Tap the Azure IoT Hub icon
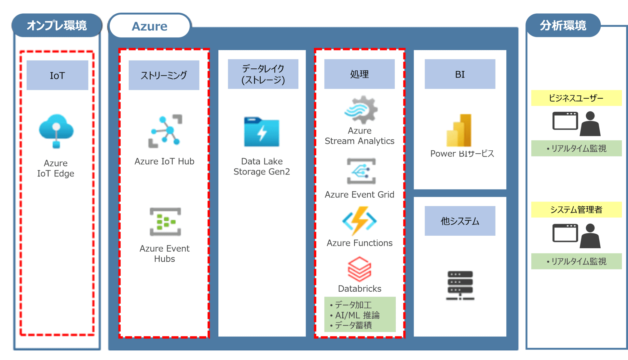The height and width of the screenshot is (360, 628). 165,131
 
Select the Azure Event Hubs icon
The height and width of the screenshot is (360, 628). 165,222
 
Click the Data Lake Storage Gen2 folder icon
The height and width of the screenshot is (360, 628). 262,132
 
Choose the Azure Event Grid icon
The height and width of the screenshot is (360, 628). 361,171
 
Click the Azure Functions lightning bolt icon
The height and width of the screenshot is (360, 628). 360,221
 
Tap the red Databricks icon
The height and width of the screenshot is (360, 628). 360,269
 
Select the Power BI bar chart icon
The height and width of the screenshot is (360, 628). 459,130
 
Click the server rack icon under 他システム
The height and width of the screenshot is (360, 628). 460,285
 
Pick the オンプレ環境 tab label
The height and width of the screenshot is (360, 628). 57,25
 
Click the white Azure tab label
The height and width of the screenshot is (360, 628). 150,26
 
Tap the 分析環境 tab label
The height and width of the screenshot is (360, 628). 563,25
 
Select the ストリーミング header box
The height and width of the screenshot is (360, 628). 164,75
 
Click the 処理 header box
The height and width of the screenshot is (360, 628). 359,74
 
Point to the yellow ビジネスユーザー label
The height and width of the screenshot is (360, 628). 576,98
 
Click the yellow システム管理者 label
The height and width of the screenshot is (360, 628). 576,210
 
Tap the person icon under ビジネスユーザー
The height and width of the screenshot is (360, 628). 590,124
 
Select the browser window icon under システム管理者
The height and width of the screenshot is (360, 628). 565,233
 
